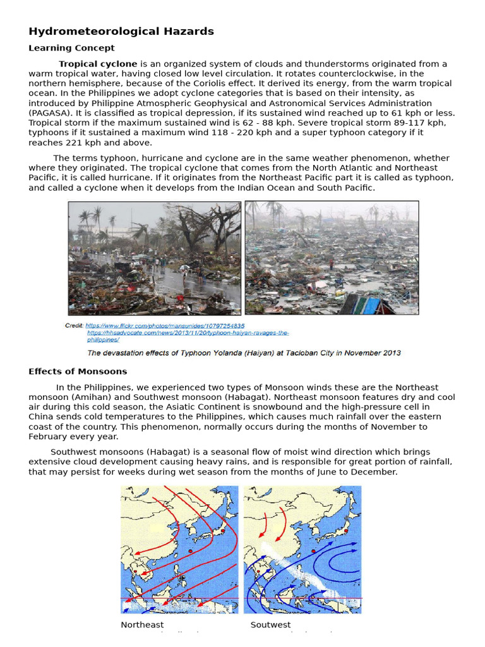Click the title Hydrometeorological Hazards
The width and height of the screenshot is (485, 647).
121,31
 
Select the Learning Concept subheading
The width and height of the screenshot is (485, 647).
71,48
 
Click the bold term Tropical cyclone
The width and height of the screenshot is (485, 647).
98,64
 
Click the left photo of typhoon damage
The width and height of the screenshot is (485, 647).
155,258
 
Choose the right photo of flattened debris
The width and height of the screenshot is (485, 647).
332,258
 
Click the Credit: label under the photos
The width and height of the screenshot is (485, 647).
75,326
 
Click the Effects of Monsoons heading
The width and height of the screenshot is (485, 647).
78,372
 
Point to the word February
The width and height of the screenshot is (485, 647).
49,437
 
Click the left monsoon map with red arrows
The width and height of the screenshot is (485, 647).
179,549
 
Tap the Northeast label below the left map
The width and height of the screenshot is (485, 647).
142,625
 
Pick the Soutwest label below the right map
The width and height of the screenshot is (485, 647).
271,625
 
